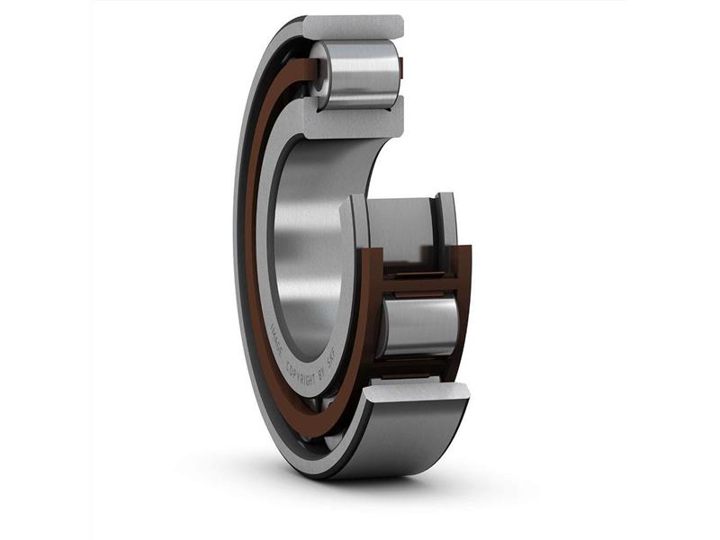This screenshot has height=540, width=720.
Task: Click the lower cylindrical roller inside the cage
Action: pos(418,325)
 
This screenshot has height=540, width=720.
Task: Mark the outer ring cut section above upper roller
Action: pos(353,27)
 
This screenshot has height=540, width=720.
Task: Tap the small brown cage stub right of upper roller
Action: pos(401,69)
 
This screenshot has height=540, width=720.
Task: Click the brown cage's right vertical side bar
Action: pos(463,297)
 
